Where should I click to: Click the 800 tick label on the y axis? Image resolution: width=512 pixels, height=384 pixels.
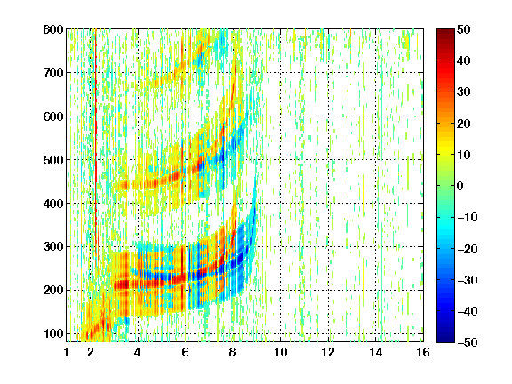tap(53, 29)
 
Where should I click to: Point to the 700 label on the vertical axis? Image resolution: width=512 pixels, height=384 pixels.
tap(53, 73)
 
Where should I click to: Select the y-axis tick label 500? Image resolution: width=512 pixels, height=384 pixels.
tap(53, 160)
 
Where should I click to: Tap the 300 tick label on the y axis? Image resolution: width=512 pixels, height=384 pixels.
tap(53, 247)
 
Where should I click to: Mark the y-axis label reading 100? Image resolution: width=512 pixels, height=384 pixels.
tap(53, 333)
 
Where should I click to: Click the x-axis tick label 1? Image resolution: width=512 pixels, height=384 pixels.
tap(67, 352)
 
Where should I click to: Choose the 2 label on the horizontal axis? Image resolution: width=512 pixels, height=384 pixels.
tap(91, 352)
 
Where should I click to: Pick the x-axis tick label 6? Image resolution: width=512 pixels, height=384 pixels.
tap(185, 352)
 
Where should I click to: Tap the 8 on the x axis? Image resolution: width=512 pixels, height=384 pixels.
tap(233, 352)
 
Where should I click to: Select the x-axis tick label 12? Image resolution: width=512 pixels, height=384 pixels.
tap(328, 352)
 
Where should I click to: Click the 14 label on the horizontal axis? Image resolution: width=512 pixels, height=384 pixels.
tap(375, 352)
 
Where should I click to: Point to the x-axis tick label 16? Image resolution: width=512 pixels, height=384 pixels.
tap(423, 352)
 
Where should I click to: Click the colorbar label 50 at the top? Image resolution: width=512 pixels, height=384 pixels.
tap(464, 29)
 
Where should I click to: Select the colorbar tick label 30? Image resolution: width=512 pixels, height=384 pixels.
tap(464, 92)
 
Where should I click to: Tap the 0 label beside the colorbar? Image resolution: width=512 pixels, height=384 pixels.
tap(460, 186)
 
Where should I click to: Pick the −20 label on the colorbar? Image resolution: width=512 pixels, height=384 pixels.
tap(468, 249)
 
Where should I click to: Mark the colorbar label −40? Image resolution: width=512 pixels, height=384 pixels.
tap(468, 311)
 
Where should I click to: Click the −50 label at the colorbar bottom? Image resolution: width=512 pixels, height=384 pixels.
tap(468, 342)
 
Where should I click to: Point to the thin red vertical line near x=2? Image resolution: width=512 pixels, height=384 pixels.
tap(96, 137)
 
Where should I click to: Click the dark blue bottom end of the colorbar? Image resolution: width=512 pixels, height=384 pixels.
tap(445, 338)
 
